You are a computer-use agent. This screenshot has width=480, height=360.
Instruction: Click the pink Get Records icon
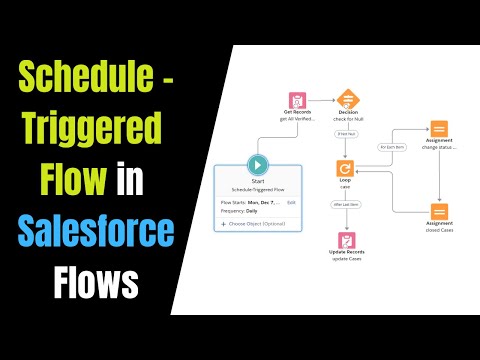click(298, 102)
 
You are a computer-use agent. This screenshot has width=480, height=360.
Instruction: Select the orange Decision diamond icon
click(348, 100)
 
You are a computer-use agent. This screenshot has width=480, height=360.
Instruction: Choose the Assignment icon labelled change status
click(439, 130)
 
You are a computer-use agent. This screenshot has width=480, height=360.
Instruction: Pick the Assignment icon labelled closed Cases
click(439, 212)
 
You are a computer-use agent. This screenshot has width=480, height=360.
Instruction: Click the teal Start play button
click(258, 164)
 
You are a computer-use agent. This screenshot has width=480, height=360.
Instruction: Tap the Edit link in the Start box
click(291, 202)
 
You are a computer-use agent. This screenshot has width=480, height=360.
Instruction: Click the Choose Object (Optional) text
click(262, 223)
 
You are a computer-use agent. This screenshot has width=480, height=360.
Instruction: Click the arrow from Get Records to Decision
click(323, 100)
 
